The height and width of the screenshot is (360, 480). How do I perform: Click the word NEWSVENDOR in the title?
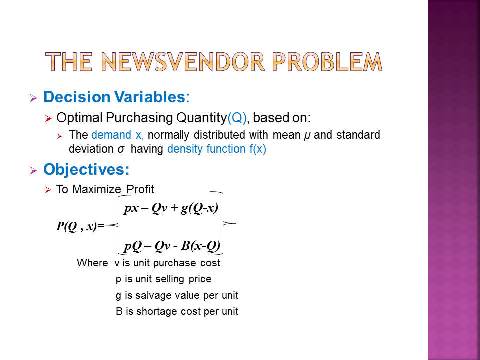pos(183,62)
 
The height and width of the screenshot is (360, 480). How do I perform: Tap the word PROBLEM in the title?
pos(327,62)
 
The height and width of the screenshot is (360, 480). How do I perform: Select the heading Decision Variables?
pos(114,97)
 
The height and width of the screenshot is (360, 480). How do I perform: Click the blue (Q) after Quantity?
pos(237,118)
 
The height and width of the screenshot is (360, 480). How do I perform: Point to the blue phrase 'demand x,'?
pos(118,135)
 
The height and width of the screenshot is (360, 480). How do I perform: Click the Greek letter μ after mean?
pos(307,136)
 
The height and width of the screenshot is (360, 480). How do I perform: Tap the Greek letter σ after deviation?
pos(121,149)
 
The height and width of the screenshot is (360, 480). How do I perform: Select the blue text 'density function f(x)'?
pos(216,149)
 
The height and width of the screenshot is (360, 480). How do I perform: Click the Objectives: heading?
pos(86,169)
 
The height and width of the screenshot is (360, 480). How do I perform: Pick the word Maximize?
pos(97,189)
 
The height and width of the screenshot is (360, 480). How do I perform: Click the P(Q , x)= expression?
pos(80,226)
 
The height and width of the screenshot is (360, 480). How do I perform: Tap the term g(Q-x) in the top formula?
pos(199,208)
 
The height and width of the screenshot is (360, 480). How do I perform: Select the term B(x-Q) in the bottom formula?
pos(200,246)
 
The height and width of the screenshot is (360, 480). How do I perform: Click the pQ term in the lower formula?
pos(133,246)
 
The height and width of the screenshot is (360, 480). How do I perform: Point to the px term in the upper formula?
pos(131,209)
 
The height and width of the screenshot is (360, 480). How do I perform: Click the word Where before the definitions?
pos(92,263)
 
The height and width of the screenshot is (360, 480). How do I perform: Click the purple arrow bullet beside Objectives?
pos(33,170)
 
